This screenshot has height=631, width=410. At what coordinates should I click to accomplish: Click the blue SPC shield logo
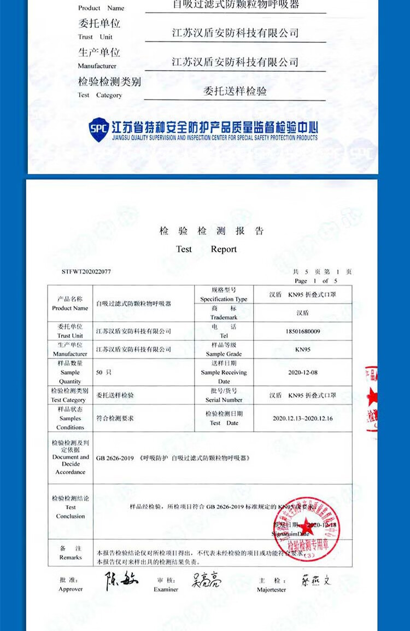click(x=98, y=130)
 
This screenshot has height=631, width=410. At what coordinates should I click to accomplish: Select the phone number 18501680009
click(x=302, y=331)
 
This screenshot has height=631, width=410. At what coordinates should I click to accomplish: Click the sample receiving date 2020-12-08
click(x=302, y=372)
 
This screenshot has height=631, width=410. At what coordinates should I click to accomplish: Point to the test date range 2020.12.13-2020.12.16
click(x=302, y=418)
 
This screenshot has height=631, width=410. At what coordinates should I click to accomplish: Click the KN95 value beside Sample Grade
click(x=302, y=349)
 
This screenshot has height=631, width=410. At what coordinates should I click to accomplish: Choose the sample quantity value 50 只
click(x=104, y=372)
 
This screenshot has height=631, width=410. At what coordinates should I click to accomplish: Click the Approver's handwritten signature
click(x=121, y=580)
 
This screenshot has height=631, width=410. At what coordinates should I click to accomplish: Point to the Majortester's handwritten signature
click(x=315, y=581)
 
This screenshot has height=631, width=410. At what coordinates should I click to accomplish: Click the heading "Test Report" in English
click(x=206, y=249)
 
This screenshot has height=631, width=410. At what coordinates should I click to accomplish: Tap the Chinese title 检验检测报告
click(x=212, y=231)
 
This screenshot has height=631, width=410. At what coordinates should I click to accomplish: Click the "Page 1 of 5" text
click(x=316, y=281)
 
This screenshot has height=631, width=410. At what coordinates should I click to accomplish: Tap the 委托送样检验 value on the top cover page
click(x=235, y=91)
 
